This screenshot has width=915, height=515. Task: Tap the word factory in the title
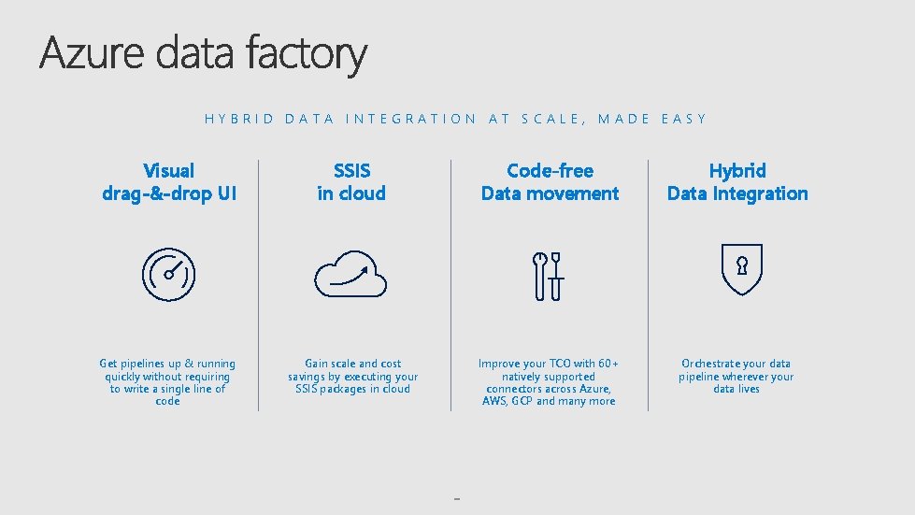click(307, 54)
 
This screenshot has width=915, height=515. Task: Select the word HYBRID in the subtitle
click(239, 119)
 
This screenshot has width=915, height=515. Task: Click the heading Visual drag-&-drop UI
click(168, 182)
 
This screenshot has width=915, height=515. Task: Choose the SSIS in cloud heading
click(351, 182)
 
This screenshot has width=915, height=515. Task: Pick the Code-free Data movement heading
click(550, 182)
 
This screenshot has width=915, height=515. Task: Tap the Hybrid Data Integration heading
click(737, 182)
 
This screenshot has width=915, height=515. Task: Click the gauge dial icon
click(168, 274)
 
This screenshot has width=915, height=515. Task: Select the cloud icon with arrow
click(350, 273)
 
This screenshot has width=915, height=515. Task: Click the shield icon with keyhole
click(742, 269)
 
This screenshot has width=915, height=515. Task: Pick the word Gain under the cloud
click(317, 364)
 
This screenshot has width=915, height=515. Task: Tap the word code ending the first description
click(168, 401)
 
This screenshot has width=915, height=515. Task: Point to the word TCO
click(558, 364)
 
